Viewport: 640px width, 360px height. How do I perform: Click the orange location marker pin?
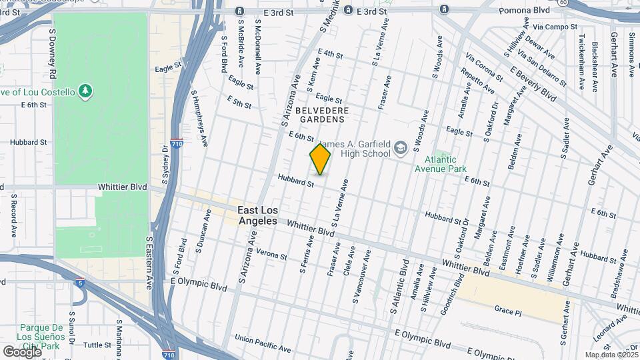(x=320, y=159)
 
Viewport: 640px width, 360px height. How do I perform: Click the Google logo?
(x=21, y=351)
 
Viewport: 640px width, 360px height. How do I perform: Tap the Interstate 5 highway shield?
(x=80, y=283)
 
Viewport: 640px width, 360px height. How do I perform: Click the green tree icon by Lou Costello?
(x=85, y=90)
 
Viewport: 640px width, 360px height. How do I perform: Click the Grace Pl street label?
(x=507, y=311)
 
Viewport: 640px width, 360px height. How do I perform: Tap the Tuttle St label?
(x=97, y=345)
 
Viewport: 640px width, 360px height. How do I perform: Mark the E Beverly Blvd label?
(x=533, y=84)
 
